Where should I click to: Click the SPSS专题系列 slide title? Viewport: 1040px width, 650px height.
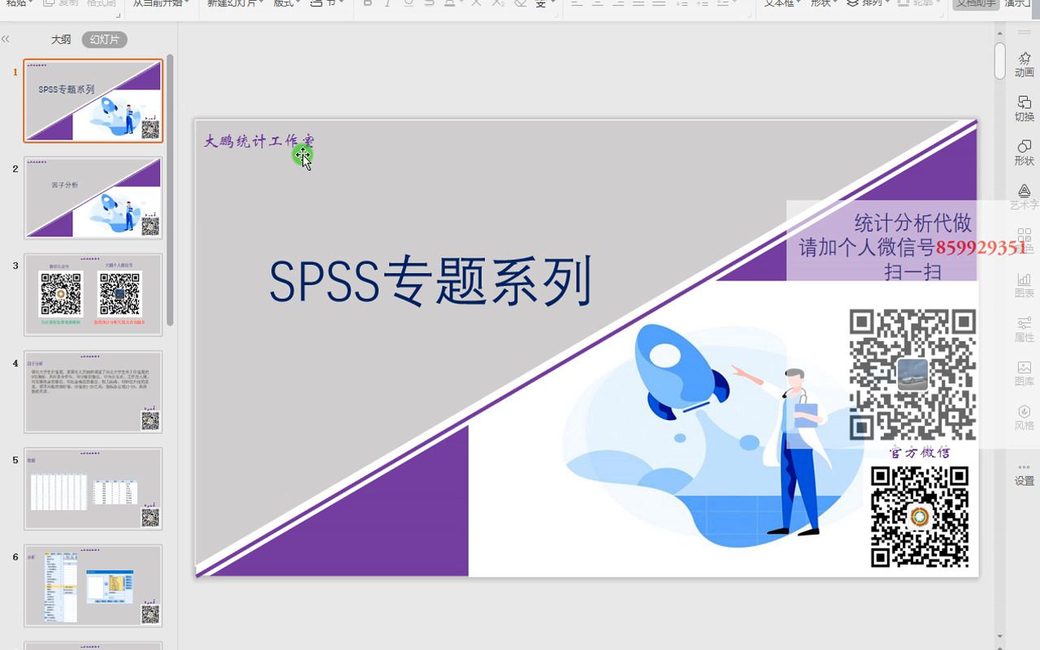(x=430, y=282)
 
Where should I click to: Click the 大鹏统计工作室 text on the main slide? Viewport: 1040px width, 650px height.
(x=258, y=141)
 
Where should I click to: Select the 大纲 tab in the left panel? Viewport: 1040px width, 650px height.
(x=61, y=39)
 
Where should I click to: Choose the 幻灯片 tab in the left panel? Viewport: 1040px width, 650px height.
(x=105, y=39)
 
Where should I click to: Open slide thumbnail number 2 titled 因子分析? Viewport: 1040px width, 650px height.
(x=93, y=197)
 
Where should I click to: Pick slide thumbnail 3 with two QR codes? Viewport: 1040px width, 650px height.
(x=93, y=294)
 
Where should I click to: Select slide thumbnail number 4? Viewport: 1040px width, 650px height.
(x=93, y=392)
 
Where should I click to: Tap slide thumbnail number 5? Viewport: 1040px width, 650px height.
(x=93, y=488)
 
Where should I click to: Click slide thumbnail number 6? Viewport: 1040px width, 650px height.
(x=93, y=585)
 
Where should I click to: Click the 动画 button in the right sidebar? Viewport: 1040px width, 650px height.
(x=1024, y=63)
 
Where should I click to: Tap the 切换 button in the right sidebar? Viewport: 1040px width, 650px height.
(x=1024, y=108)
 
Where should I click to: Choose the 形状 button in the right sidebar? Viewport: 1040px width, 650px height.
(x=1024, y=152)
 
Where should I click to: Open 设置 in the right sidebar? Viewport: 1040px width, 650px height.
(x=1024, y=473)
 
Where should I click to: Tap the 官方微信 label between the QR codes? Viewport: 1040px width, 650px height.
(x=920, y=453)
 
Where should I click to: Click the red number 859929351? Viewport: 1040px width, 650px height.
(x=981, y=248)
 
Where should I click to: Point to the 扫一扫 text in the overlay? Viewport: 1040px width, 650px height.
(x=912, y=271)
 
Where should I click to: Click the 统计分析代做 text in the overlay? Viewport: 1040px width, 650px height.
(x=912, y=223)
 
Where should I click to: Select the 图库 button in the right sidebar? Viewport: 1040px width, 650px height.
(x=1024, y=373)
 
